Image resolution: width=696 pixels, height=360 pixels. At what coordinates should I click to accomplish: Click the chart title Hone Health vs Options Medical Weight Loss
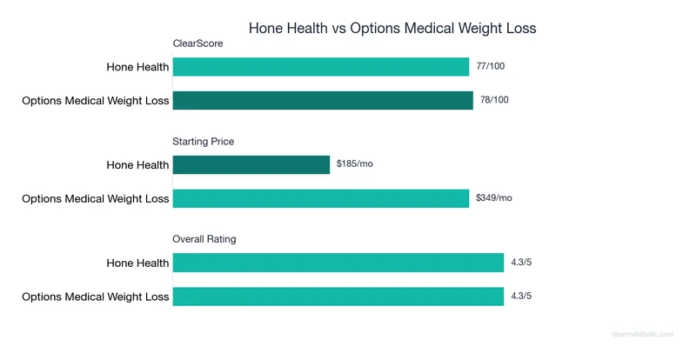(392, 28)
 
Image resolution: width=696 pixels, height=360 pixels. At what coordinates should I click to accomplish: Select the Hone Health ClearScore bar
(321, 67)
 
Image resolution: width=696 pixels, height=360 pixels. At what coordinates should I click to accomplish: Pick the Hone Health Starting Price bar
(251, 164)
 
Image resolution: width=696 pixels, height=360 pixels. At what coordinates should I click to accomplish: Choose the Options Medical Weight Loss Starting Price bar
(321, 198)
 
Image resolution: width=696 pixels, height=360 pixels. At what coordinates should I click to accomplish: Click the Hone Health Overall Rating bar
(338, 263)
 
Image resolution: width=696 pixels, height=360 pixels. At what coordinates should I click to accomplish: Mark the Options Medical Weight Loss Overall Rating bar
(338, 297)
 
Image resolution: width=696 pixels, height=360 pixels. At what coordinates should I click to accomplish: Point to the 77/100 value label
(492, 66)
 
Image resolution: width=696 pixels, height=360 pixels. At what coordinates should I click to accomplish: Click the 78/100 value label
(494, 100)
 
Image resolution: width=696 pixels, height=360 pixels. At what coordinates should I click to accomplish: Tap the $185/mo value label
(355, 163)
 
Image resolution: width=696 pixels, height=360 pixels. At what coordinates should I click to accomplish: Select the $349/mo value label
(494, 197)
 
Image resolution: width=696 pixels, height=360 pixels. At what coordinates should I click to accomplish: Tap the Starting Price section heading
(204, 141)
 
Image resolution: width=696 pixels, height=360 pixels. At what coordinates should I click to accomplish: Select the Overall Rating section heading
(204, 238)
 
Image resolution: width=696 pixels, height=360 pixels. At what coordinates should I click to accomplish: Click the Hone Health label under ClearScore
(137, 67)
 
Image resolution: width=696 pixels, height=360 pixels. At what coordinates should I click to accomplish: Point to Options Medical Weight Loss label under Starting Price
(96, 198)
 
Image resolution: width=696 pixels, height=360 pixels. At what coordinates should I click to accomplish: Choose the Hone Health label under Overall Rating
(137, 263)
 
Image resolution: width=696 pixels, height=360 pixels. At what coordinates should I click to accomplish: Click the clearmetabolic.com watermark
(649, 333)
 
